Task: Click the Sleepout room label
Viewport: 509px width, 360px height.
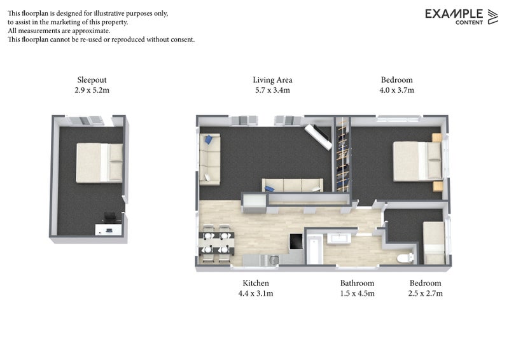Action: (92, 80)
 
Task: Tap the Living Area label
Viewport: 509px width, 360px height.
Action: (272, 80)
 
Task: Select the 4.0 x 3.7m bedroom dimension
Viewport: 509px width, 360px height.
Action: (396, 90)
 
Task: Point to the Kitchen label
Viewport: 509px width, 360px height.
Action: (256, 283)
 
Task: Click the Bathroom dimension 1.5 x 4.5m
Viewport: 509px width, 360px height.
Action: (357, 293)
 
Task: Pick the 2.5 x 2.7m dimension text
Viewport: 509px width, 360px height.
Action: (425, 293)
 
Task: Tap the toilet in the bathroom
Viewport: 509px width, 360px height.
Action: (405, 258)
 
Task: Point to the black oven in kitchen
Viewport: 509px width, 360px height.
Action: (296, 242)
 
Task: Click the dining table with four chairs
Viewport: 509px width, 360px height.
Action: (216, 243)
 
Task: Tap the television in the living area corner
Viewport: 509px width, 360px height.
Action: (318, 137)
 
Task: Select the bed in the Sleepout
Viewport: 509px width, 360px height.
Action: (99, 163)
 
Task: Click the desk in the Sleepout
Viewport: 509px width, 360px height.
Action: (108, 229)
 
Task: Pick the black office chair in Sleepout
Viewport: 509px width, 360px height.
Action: (109, 217)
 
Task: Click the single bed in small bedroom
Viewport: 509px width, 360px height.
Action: (434, 243)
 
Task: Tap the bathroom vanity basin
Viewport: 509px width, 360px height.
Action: (338, 238)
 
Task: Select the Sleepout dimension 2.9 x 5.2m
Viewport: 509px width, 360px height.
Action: (92, 90)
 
